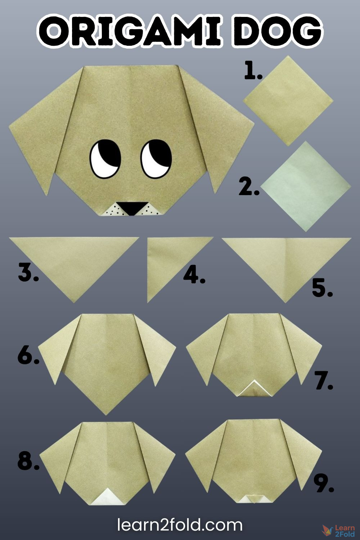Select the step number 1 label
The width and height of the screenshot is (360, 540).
[x=253, y=71]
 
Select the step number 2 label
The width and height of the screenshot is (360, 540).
[x=249, y=187]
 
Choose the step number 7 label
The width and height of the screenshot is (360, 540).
[x=324, y=381]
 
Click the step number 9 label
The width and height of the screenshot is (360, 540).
[x=324, y=483]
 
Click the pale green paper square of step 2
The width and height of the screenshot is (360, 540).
[x=306, y=186]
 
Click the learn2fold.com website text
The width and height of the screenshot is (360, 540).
[x=180, y=525]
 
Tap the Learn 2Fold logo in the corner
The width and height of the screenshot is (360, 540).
[x=338, y=531]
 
